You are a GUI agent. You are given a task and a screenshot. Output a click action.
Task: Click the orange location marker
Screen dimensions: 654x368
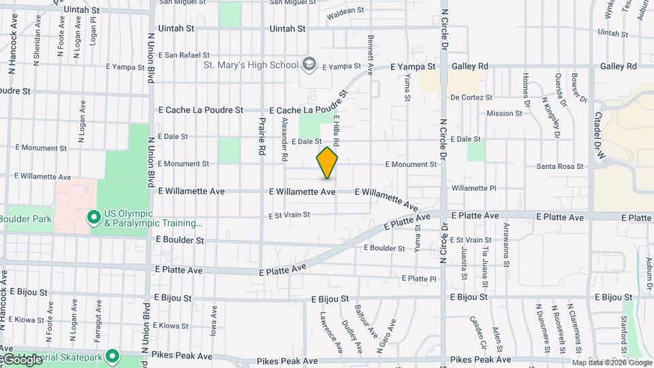click(x=328, y=163)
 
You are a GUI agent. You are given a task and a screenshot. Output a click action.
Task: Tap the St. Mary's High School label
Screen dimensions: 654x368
click(x=251, y=65)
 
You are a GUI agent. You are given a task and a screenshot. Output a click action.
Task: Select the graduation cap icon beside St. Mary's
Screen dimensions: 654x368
click(x=310, y=64)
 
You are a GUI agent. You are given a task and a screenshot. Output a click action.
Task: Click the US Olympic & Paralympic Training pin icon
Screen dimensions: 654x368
click(x=94, y=217)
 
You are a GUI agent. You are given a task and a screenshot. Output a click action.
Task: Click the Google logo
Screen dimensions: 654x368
click(x=22, y=360)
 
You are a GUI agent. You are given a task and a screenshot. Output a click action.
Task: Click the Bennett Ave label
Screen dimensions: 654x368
click(x=371, y=55)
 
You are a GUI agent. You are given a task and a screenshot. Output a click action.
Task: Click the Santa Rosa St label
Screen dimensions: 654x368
click(x=560, y=166)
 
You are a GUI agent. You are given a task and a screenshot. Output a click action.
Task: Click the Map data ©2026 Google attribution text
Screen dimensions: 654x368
click(x=611, y=363)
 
